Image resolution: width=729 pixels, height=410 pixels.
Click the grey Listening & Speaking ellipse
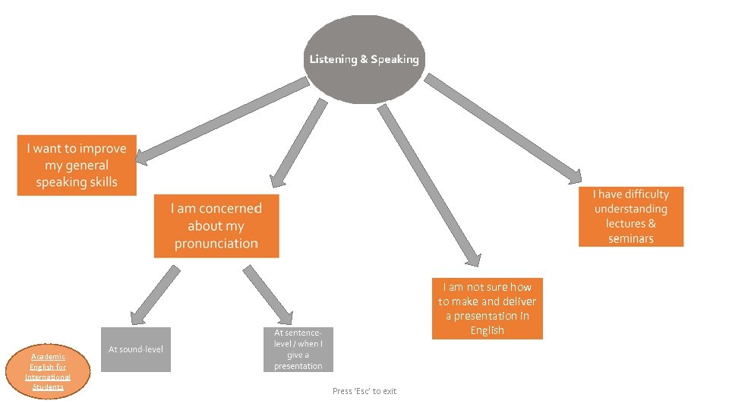click(x=364, y=59)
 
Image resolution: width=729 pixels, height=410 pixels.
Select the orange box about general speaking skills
click(x=77, y=166)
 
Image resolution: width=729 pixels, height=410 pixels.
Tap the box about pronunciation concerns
click(x=216, y=225)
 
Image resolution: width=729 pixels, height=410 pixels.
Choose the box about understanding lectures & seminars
click(x=631, y=216)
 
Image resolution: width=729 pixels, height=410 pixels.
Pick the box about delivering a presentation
click(x=487, y=308)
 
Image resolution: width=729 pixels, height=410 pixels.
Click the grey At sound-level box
click(x=136, y=349)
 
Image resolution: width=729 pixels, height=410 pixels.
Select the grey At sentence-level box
click(x=298, y=349)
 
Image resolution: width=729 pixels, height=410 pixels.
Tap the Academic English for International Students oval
click(x=48, y=372)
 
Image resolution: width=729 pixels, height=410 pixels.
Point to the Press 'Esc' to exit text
click(x=364, y=391)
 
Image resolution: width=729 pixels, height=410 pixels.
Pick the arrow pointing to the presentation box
click(x=428, y=185)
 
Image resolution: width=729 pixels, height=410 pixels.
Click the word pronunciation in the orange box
click(x=216, y=244)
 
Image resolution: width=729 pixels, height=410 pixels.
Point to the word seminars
click(x=631, y=239)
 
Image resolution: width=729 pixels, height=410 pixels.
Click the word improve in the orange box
click(x=102, y=149)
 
